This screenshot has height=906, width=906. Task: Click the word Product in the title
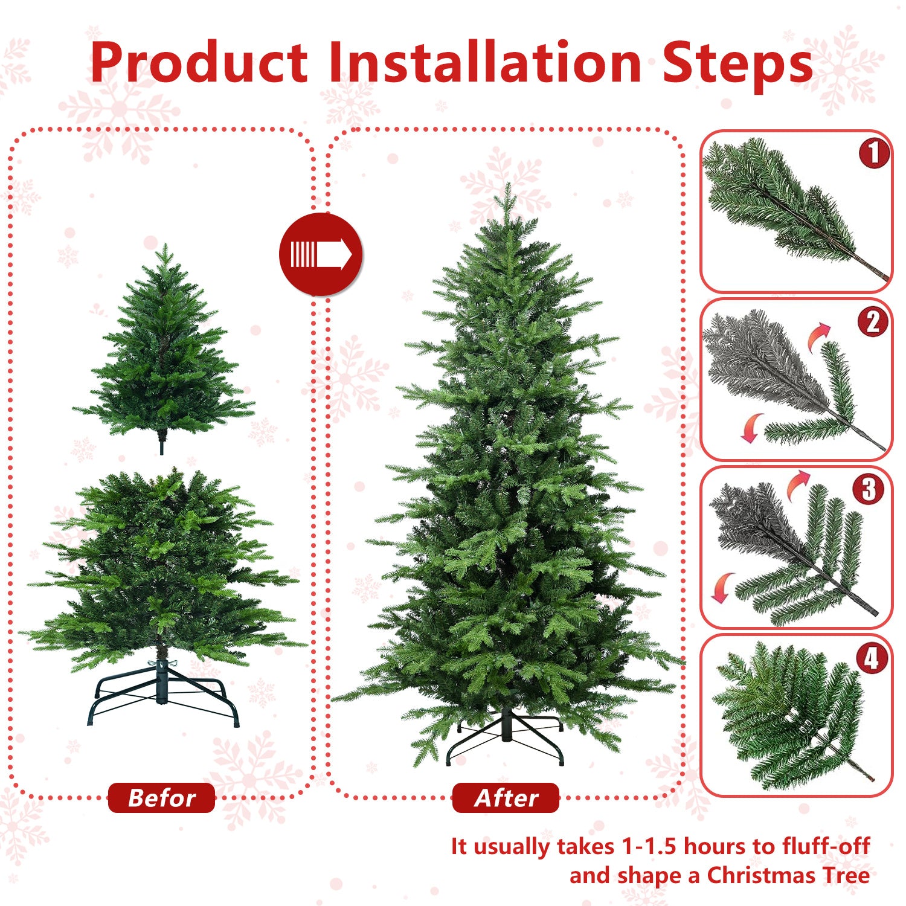click(199, 63)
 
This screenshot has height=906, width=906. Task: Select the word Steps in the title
click(737, 63)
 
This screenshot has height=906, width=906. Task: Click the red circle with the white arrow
click(321, 254)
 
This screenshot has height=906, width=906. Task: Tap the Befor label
click(161, 798)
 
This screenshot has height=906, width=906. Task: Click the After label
click(506, 798)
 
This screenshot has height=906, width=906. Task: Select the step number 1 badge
click(873, 153)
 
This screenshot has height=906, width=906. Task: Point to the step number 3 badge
click(869, 489)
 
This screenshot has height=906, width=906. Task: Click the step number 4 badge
click(872, 658)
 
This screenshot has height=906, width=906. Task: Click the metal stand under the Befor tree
click(164, 695)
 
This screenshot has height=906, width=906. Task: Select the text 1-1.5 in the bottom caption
click(650, 846)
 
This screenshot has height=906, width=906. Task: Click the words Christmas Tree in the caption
click(788, 875)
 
